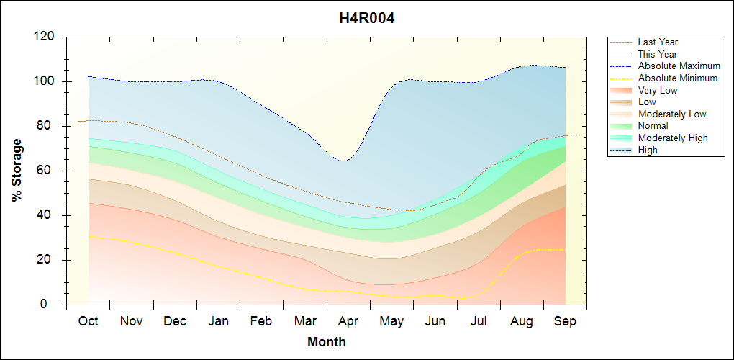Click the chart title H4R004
coord(367,19)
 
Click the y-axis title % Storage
coord(17,170)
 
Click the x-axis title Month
coord(327,342)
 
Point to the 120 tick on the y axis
coord(45,37)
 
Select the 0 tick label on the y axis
coord(51,305)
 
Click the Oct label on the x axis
coord(89,322)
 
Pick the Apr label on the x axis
coord(349,322)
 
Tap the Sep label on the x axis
coord(566,322)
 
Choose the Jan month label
coord(218,322)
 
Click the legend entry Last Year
coord(658,42)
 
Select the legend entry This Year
coord(658,54)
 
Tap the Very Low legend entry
coord(658,90)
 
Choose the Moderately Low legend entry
coord(672,114)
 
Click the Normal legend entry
coord(653,126)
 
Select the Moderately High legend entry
coord(673,138)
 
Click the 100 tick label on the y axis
coord(45,81)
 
